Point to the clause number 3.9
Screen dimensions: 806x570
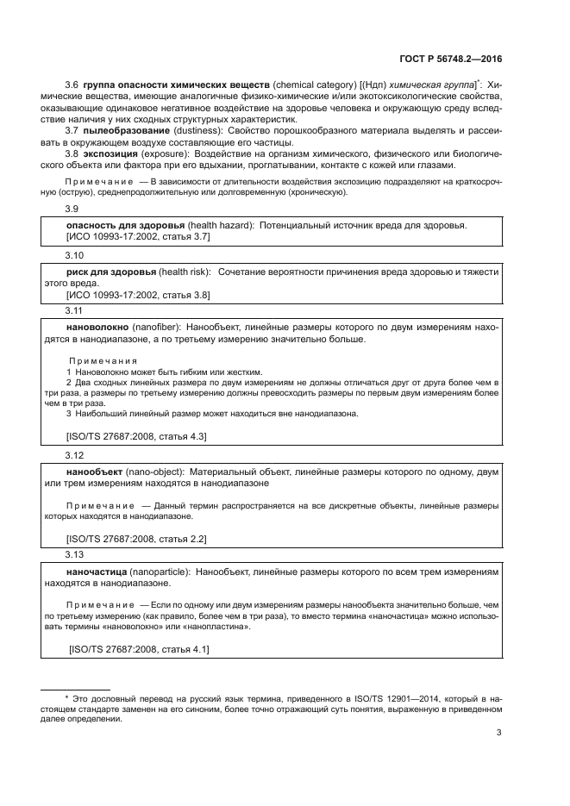[x=72, y=209]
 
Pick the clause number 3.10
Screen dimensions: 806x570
[x=75, y=256]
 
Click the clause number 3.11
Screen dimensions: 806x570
[x=75, y=309]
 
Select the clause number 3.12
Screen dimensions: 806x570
[x=75, y=454]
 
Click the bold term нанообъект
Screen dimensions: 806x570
[x=95, y=472]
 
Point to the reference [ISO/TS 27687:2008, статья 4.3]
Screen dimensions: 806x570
[x=136, y=436]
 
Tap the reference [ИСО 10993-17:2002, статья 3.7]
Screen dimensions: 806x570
[x=138, y=235]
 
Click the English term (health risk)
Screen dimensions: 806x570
[x=185, y=272]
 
